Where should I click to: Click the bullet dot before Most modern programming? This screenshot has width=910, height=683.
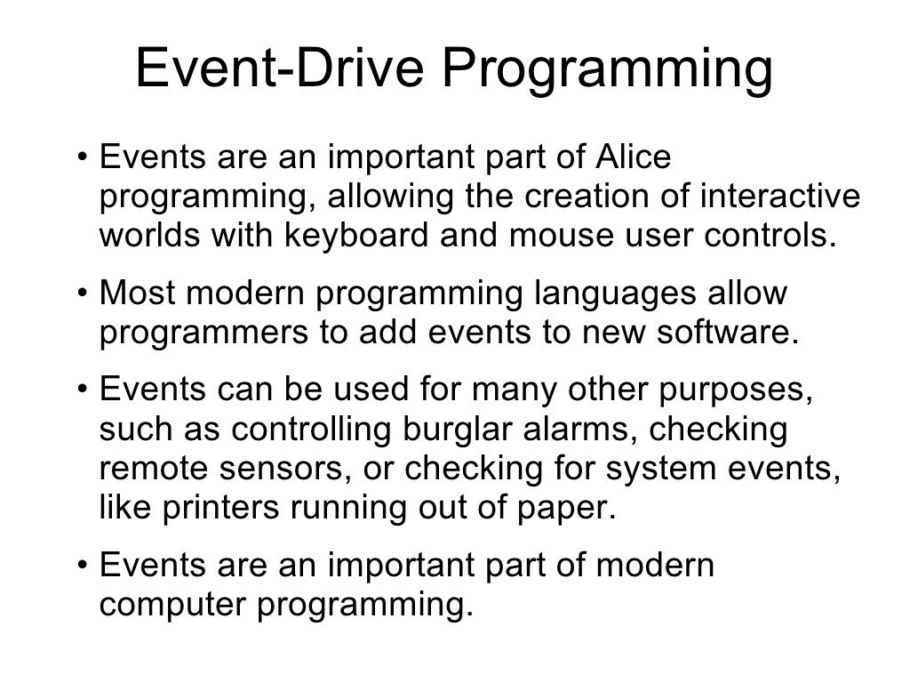tap(82, 294)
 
